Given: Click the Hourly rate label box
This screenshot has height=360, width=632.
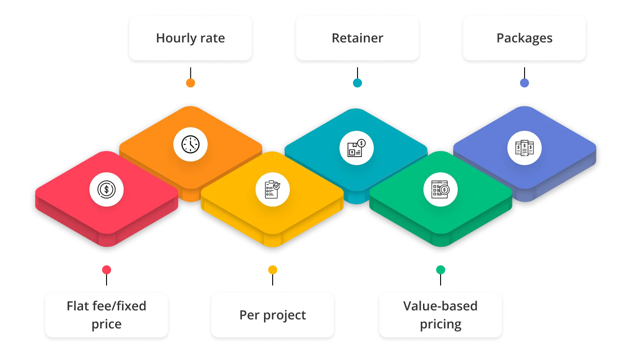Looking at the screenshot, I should tap(190, 38).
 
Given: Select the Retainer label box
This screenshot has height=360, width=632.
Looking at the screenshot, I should tap(357, 38).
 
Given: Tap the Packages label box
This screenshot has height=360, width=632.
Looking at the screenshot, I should tap(524, 38).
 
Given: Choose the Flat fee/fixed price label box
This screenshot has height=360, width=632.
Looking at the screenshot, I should tap(107, 315).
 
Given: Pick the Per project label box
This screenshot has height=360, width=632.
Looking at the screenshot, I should tap(273, 315).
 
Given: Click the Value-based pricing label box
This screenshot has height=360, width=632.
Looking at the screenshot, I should tap(440, 315).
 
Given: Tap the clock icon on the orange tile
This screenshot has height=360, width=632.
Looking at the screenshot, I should tap(191, 145).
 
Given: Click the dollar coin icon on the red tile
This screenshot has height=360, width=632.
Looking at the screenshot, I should tap(107, 189).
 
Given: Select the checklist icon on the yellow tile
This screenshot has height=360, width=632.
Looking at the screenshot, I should tap(273, 189).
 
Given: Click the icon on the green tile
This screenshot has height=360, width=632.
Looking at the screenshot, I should tap(440, 189).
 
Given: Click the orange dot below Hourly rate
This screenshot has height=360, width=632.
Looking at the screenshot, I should tap(191, 83).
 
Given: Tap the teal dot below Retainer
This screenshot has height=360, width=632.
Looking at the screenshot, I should tap(358, 83).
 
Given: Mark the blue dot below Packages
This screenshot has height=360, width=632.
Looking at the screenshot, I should tap(524, 83).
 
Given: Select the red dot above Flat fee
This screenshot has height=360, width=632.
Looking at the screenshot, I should tap(107, 269).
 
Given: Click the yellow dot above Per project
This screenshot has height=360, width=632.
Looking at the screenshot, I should tap(273, 269).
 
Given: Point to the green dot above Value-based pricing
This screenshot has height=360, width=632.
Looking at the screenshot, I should tap(441, 269).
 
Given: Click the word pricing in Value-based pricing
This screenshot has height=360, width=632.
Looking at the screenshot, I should tap(440, 324).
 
